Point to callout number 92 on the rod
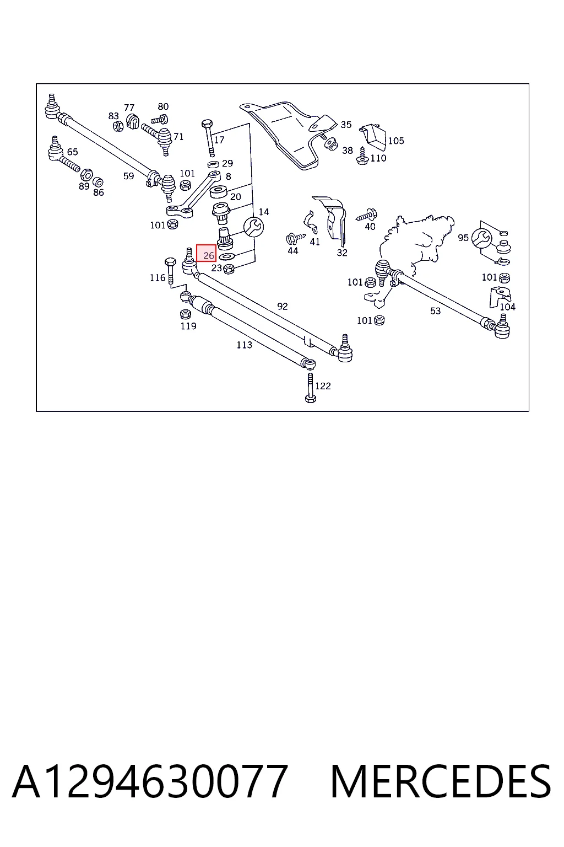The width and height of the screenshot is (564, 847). coord(283,306)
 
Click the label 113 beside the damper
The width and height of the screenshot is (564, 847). coord(244,345)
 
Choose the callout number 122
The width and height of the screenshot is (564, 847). coord(323,386)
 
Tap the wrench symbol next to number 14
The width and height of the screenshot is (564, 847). coord(253,227)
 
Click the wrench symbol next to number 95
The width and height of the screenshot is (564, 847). coord(481,238)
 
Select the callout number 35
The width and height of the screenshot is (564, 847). coord(346,125)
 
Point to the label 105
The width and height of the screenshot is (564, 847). coord(396,141)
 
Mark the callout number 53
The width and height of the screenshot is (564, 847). coord(435,311)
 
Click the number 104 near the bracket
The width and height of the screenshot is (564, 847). coord(507,307)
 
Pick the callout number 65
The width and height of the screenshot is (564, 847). coord(72,152)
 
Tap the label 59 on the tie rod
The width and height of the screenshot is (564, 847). coord(128,176)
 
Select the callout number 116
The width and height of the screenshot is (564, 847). coord(158,278)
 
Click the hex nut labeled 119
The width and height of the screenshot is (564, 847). coord(185,314)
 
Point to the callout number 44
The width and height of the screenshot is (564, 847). coord(293,251)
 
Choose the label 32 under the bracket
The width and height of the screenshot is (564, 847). coord(342,253)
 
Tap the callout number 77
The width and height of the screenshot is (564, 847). coord(129,108)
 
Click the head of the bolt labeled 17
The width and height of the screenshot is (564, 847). coord(207,124)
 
